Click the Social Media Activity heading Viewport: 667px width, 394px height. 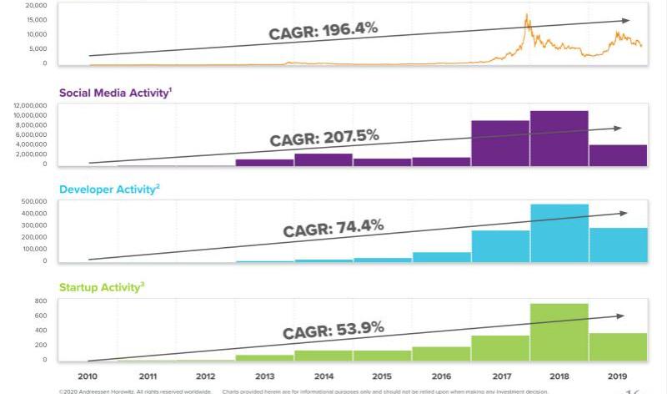coord(113,92)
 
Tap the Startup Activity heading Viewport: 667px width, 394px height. coord(101,287)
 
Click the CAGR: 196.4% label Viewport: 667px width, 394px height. coord(323,31)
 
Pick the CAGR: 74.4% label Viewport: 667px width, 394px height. coord(333,227)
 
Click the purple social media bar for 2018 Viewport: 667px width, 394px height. coord(559,138)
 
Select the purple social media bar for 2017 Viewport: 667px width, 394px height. coord(500,143)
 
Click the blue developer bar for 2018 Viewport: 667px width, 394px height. coord(559,233)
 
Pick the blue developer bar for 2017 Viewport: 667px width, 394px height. coord(500,245)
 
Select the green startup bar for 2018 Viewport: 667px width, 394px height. coord(559,331)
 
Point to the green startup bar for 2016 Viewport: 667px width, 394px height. coord(441,353)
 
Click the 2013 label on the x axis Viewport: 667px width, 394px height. coord(264,376)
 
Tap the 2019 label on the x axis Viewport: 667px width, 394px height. coord(618,376)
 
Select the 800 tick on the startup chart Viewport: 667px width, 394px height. coord(39,300)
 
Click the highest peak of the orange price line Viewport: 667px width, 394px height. coord(527,14)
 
